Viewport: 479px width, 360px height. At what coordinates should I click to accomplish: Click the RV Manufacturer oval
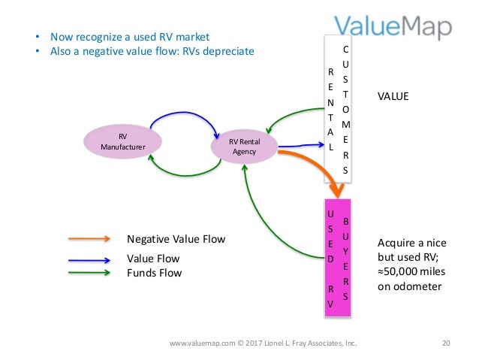pos(123,142)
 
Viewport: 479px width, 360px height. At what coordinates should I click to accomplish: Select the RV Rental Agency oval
pos(243,146)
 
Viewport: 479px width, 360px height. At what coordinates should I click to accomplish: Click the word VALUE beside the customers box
pos(394,97)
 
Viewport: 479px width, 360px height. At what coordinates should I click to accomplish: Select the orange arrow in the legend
pos(89,240)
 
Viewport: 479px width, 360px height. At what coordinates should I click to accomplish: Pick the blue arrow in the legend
pos(89,259)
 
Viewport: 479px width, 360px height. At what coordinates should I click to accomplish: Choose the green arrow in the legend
pos(89,272)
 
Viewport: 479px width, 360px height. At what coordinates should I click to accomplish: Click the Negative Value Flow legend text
pos(176,240)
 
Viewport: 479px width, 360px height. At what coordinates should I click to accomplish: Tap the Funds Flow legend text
pos(154,273)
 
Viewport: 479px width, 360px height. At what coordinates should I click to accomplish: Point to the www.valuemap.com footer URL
pos(199,343)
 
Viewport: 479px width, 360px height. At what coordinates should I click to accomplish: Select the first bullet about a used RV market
pos(130,36)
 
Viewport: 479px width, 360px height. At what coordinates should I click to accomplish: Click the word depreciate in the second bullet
pos(229,51)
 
